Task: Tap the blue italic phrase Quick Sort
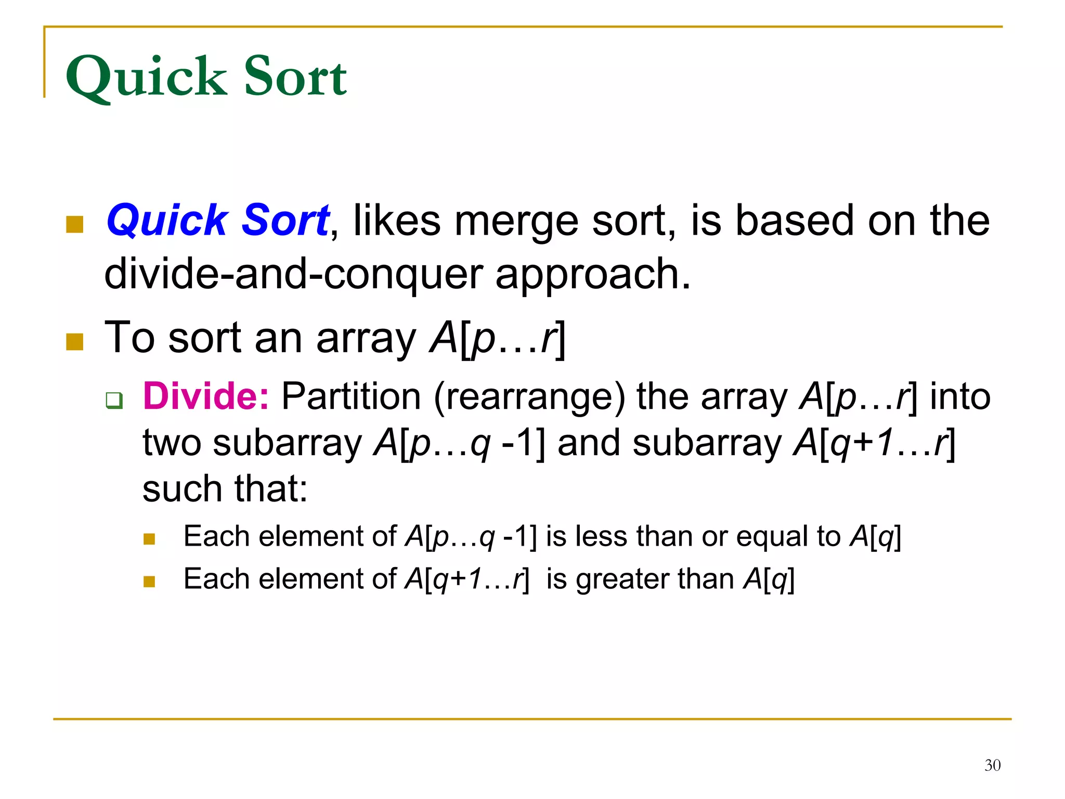pyautogui.click(x=217, y=220)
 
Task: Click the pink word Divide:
pyautogui.click(x=206, y=396)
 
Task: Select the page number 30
pyautogui.click(x=992, y=765)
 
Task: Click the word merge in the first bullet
pyautogui.click(x=516, y=222)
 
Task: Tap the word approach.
pyautogui.click(x=593, y=275)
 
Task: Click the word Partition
pyautogui.click(x=351, y=396)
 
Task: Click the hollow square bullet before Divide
pyautogui.click(x=114, y=400)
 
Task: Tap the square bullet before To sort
pyautogui.click(x=75, y=342)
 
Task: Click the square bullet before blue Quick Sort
pyautogui.click(x=75, y=224)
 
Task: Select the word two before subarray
pyautogui.click(x=172, y=443)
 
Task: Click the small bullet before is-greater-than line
pyautogui.click(x=149, y=581)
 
